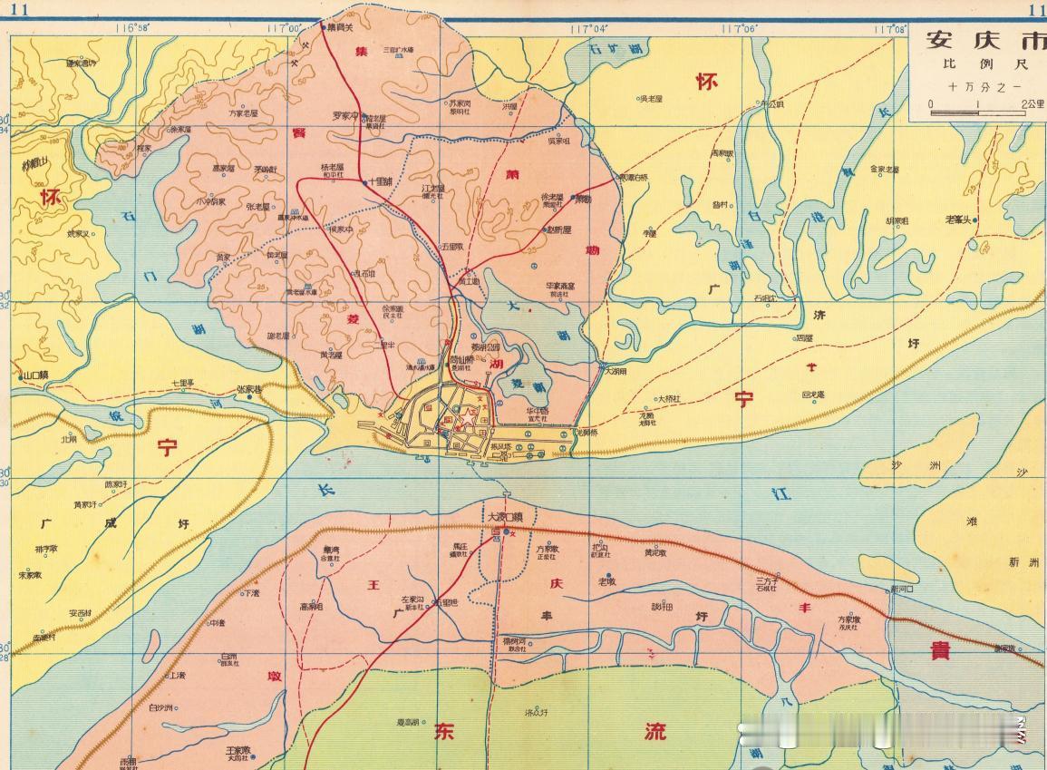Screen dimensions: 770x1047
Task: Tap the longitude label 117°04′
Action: tap(589, 28)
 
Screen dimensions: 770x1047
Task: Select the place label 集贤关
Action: tap(339, 28)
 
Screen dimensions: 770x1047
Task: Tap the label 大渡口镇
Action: tap(506, 517)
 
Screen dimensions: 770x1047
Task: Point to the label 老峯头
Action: tap(958, 219)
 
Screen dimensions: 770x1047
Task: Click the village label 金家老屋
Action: tap(885, 169)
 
